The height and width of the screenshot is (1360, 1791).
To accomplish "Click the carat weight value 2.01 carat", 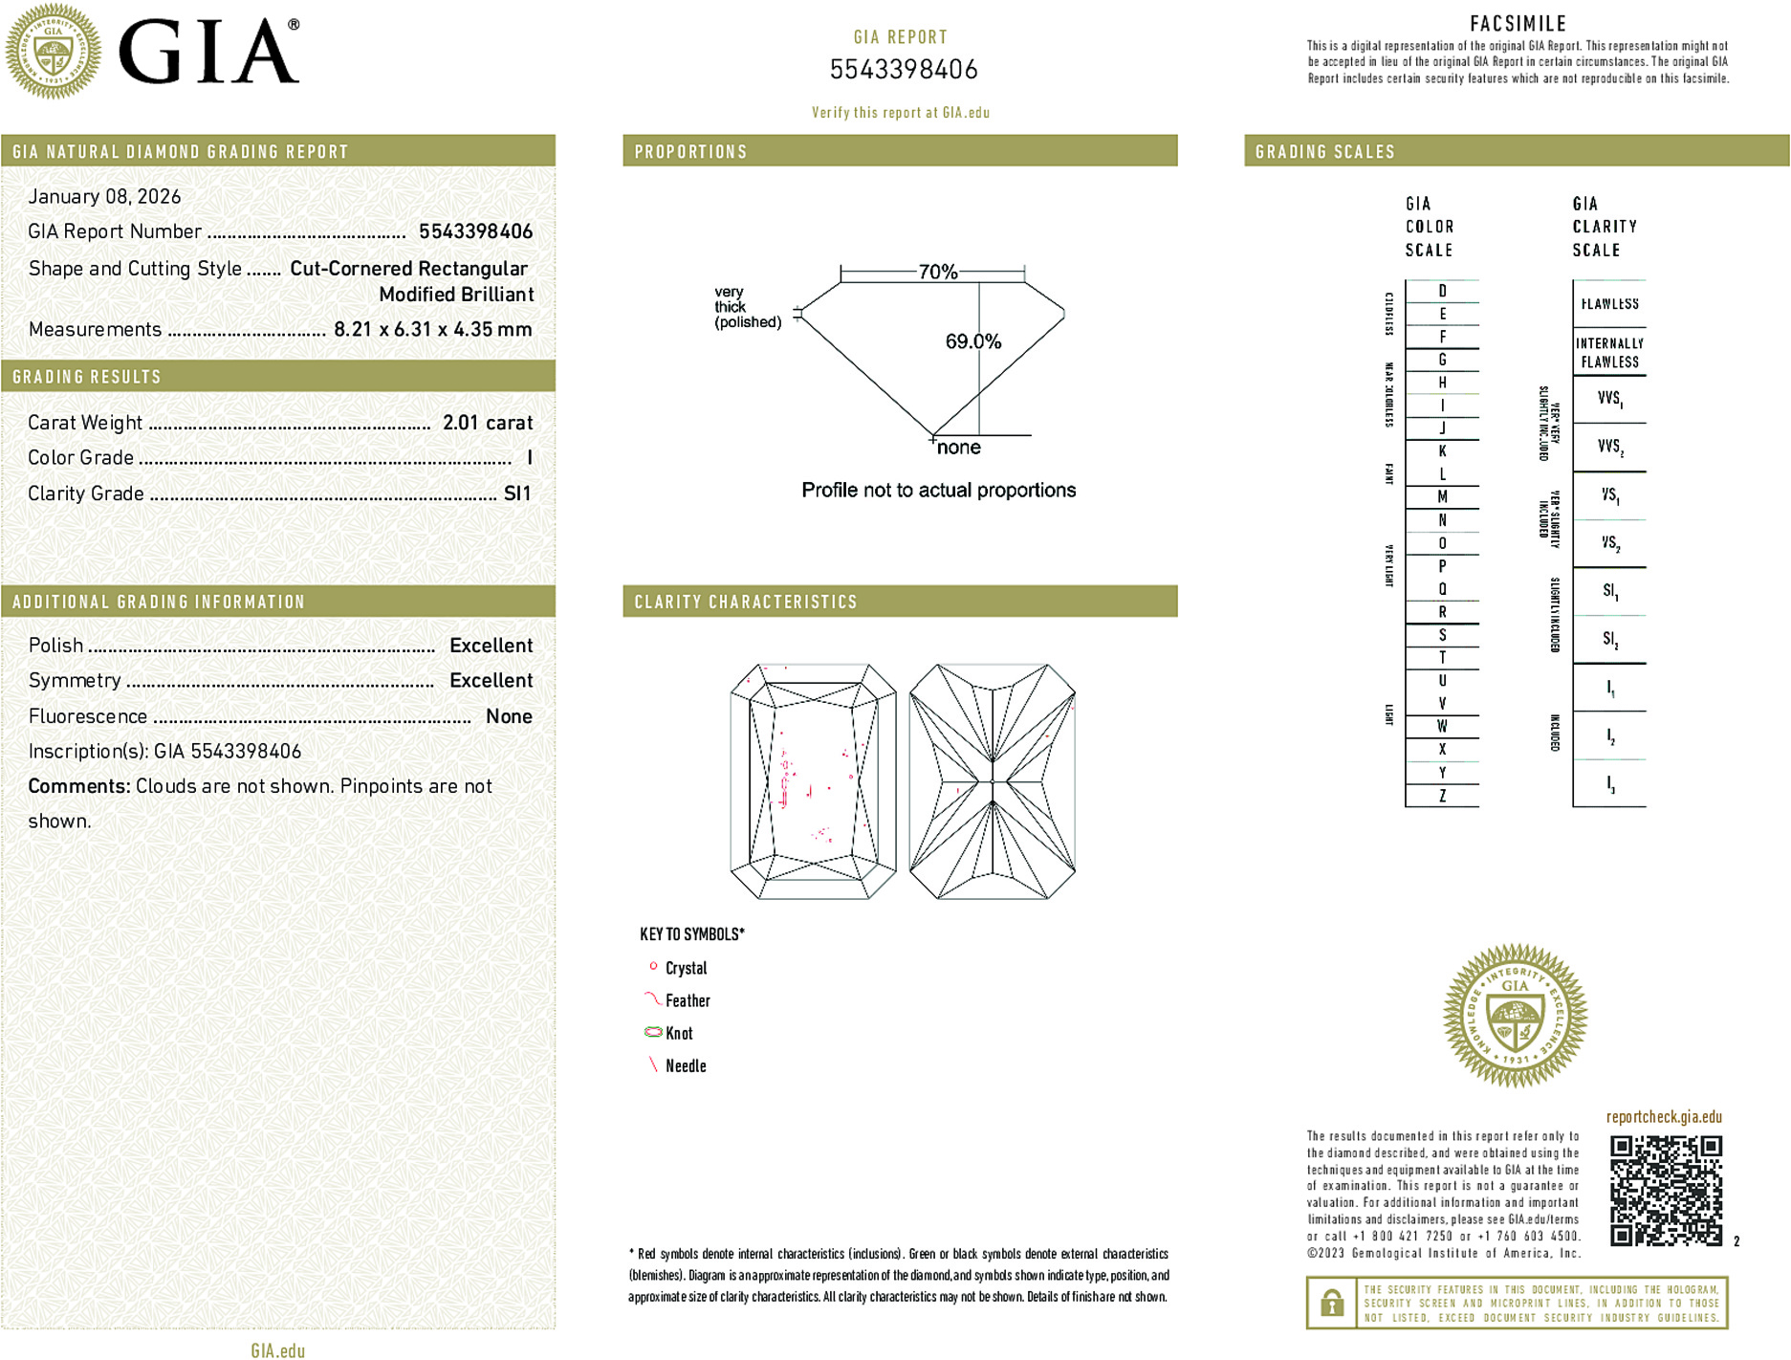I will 487,423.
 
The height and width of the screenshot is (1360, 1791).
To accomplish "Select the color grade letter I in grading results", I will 529,458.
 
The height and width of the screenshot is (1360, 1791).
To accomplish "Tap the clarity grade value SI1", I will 516,494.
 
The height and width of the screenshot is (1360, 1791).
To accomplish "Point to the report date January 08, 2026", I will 104,196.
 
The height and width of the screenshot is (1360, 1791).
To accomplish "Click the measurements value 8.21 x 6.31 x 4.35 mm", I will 432,330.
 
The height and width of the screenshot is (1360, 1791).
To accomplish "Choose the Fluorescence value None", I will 509,716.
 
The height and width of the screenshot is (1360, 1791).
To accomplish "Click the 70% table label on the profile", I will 937,272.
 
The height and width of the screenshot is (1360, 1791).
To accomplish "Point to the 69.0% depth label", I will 972,341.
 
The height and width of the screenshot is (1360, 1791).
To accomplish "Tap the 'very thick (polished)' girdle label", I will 746,307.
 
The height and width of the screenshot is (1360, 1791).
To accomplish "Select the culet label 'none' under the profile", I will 958,448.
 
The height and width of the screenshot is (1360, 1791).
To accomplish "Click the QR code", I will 1665,1190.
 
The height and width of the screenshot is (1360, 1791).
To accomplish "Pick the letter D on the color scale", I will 1442,291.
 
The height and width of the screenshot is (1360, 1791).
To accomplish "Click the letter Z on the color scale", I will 1442,796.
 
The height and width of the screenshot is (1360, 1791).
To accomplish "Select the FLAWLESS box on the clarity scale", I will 1609,304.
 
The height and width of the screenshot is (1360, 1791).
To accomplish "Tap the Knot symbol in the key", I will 653,1032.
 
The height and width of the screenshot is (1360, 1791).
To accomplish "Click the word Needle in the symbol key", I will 686,1065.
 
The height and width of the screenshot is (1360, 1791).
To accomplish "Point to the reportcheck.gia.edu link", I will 1664,1117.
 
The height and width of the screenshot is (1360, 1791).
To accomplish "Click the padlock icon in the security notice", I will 1331,1303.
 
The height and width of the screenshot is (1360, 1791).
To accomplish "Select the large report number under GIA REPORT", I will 903,70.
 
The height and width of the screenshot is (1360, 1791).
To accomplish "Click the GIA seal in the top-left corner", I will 53,51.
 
